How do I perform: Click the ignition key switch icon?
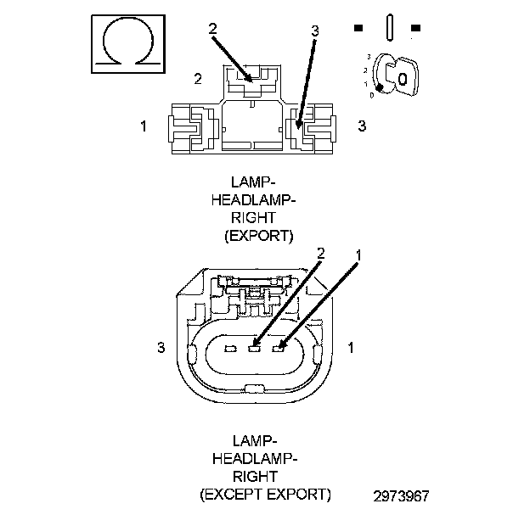(x=396, y=76)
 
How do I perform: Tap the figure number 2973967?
(x=401, y=495)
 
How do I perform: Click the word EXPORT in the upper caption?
(x=258, y=236)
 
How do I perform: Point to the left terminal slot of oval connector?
(x=230, y=348)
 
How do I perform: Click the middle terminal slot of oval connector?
(x=254, y=348)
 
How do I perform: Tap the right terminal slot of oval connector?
(x=279, y=348)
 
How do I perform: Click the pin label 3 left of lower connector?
(x=161, y=347)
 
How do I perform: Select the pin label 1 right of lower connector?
(x=351, y=347)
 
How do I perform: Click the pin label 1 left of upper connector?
(x=144, y=126)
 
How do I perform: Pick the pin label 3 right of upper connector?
(x=362, y=126)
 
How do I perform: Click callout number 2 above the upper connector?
(x=212, y=29)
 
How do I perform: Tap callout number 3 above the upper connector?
(x=314, y=31)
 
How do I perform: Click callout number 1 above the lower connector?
(x=358, y=255)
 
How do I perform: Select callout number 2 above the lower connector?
(x=321, y=254)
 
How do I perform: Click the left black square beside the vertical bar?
(x=358, y=28)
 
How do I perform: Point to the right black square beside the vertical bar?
(x=415, y=28)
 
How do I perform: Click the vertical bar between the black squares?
(x=389, y=28)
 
